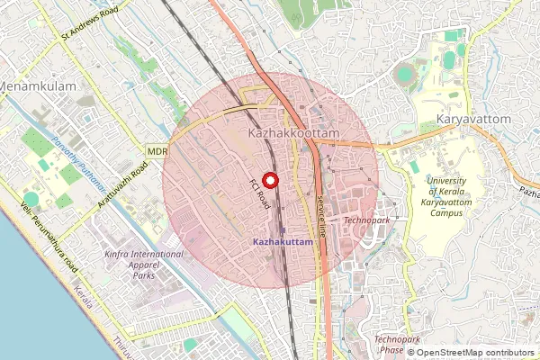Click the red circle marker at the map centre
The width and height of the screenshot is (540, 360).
point(270,180)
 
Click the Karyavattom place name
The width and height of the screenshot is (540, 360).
point(472,119)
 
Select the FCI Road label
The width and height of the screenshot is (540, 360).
point(260,193)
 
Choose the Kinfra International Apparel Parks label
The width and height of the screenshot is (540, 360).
point(145,265)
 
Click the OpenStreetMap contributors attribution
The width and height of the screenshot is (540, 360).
point(474,353)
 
